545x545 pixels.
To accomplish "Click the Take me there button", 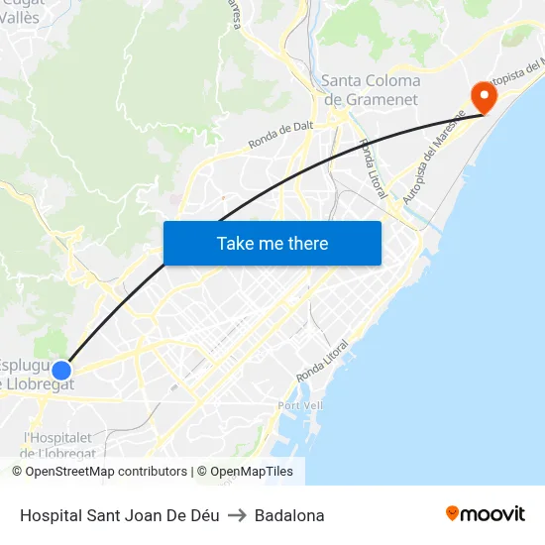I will click(272, 243).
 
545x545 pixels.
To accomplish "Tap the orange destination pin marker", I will click(485, 96).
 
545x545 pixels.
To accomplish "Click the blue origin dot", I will click(61, 371).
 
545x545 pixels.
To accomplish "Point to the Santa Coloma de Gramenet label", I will click(371, 90).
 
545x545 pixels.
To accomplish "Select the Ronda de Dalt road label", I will click(281, 134).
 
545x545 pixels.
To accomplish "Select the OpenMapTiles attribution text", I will click(251, 472).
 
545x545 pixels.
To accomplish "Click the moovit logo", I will click(486, 514).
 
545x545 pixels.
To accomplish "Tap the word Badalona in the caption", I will click(289, 515).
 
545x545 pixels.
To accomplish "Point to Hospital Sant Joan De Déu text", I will click(119, 515).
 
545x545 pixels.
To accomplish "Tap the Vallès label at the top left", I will click(20, 17).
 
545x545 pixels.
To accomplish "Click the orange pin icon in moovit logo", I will click(453, 513).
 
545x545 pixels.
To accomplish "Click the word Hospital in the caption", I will click(49, 515).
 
